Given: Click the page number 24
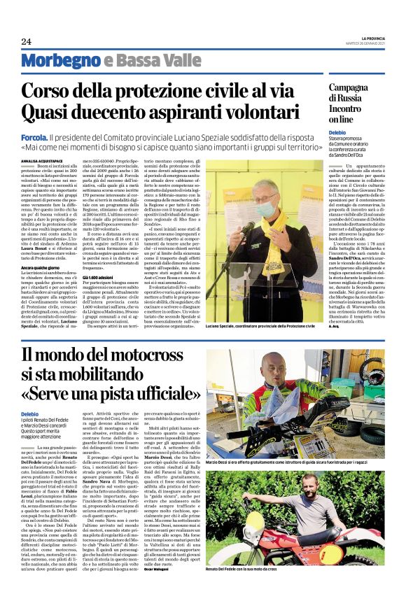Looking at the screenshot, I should coord(27,41).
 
